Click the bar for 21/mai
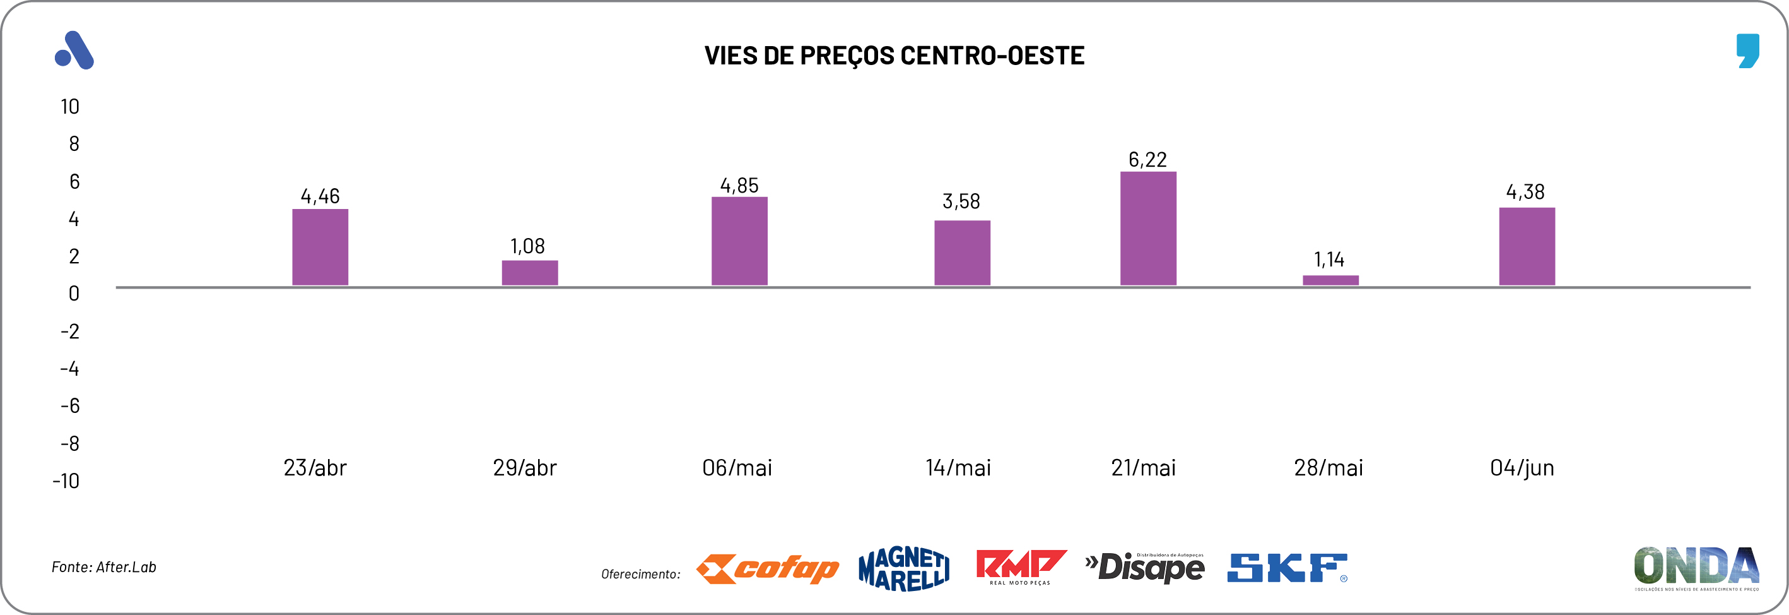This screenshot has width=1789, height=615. point(1148,229)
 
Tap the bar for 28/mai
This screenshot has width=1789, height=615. point(1330,280)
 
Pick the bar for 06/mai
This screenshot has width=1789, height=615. point(739,241)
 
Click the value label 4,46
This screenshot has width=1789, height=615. point(320,196)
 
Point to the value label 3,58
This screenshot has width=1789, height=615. point(961,201)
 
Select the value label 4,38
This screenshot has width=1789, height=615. point(1525,192)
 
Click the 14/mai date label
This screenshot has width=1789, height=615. point(958,468)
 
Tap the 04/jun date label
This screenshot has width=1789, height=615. point(1522,468)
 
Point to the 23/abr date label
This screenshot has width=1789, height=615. point(315,468)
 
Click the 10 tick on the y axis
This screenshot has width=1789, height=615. point(69,106)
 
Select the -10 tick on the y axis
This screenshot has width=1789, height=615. point(66,481)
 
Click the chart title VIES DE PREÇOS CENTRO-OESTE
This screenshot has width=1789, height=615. point(894,56)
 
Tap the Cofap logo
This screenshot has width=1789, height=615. point(768,568)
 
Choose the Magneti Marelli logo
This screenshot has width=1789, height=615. point(903,568)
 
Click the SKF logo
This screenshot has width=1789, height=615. point(1287,568)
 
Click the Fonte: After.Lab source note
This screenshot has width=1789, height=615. point(104,567)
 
